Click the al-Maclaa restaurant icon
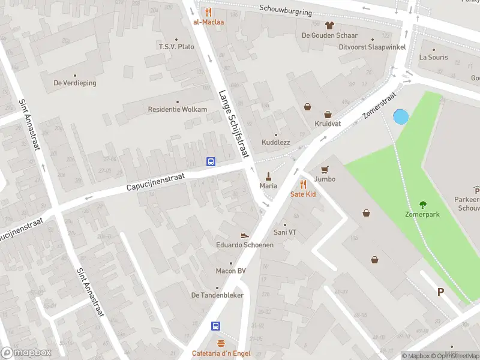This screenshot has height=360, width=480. pyautogui.click(x=208, y=12)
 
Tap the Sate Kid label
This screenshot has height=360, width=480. pyautogui.click(x=303, y=194)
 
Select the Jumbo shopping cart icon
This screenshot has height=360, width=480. pyautogui.click(x=325, y=170)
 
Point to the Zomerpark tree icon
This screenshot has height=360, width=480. pyautogui.click(x=423, y=204)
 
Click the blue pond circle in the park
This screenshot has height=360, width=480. pyautogui.click(x=400, y=116)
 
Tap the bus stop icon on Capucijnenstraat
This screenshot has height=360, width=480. pyautogui.click(x=211, y=161)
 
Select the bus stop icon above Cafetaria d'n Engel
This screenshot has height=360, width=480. pyautogui.click(x=215, y=326)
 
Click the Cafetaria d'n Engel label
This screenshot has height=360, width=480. pyautogui.click(x=221, y=353)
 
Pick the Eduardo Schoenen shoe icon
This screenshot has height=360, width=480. pyautogui.click(x=244, y=236)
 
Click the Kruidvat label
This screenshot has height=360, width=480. pyautogui.click(x=328, y=124)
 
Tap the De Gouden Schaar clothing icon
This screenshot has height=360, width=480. pyautogui.click(x=329, y=25)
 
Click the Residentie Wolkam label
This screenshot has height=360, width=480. pyautogui.click(x=177, y=109)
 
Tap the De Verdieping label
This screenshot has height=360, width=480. pyautogui.click(x=75, y=83)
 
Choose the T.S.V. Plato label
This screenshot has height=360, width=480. pyautogui.click(x=176, y=46)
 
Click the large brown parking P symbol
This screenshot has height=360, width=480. pyautogui.click(x=440, y=292)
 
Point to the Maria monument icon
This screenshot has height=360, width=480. pyautogui.click(x=268, y=176)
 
